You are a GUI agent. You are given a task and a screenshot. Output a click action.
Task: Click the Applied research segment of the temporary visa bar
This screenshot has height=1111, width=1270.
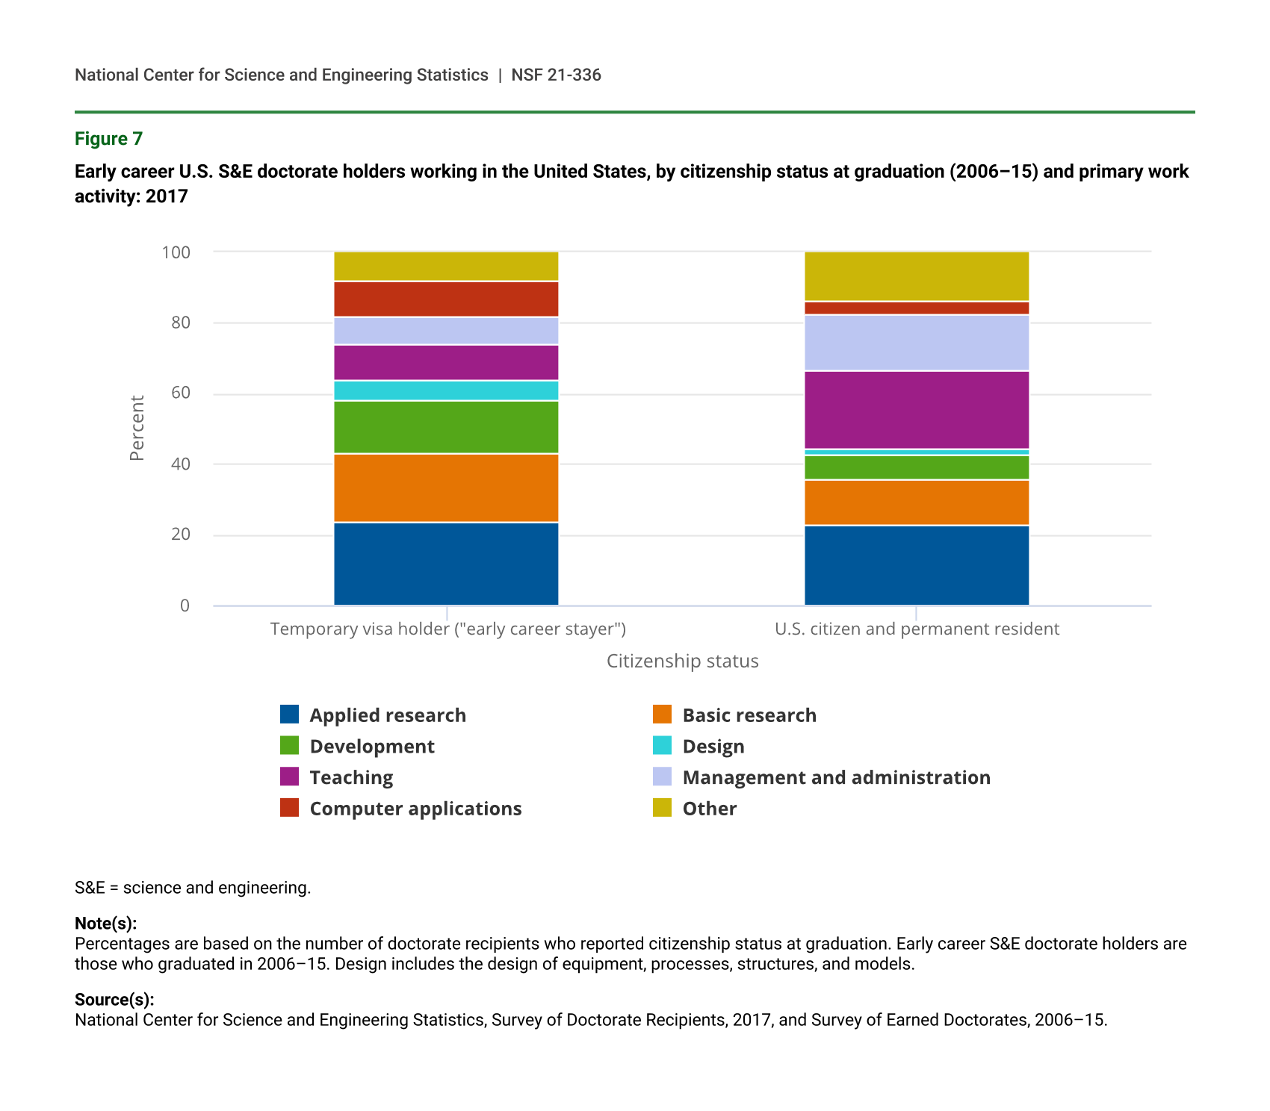coord(446,564)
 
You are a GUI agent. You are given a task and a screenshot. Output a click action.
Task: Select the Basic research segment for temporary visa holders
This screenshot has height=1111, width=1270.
coord(446,488)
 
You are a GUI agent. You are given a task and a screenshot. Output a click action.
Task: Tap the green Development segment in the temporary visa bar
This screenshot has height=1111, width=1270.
coord(446,427)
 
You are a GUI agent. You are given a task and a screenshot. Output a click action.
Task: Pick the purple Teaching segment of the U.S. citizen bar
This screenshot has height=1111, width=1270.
coord(917,410)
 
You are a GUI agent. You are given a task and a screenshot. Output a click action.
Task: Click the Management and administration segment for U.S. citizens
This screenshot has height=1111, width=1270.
coord(917,343)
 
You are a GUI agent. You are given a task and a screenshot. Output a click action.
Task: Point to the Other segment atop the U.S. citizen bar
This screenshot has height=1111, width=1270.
coord(917,276)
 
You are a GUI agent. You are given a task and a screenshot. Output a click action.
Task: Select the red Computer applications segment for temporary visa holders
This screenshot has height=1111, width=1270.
coord(446,299)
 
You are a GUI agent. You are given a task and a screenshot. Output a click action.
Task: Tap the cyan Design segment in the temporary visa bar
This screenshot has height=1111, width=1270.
coord(446,390)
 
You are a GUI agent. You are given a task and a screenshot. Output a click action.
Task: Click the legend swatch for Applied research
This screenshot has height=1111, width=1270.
coord(289,715)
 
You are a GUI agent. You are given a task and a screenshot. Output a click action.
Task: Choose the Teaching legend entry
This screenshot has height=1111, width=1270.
coord(351,777)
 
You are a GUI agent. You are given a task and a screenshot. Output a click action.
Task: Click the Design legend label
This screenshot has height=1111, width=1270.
coord(713,747)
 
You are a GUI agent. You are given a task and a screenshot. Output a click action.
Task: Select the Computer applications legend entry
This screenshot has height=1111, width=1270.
coord(415,809)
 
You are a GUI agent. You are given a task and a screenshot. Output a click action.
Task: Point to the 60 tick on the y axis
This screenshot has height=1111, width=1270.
coord(181,393)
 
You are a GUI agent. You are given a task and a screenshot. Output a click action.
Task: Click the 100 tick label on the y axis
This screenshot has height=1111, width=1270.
coord(176,252)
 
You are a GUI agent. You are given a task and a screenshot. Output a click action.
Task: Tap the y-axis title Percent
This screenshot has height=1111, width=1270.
coord(137,429)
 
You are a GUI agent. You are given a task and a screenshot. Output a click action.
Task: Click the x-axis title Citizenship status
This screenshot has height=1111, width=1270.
coord(682,661)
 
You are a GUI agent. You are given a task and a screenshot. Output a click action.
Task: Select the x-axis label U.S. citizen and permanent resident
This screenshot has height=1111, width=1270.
coord(917,629)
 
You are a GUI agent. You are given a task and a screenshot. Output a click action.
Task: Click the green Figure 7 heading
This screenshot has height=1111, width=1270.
coord(108,139)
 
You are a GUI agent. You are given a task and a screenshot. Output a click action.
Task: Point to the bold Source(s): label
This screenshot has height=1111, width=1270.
coord(114,999)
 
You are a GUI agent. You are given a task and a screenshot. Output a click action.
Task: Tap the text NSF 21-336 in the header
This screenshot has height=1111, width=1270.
coord(556,75)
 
